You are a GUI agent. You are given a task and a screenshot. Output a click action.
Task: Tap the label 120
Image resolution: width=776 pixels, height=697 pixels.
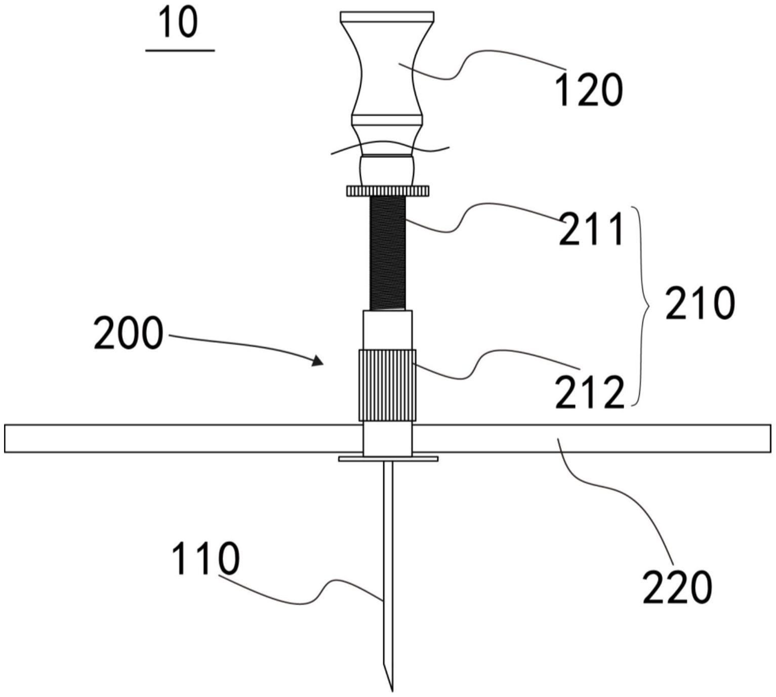(589, 91)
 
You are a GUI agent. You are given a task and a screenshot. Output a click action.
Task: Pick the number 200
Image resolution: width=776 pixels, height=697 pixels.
(128, 333)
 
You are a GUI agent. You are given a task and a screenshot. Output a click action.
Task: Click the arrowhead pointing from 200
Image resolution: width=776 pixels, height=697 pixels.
(317, 360)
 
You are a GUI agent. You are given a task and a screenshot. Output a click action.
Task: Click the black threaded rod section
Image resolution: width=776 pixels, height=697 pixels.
(387, 253)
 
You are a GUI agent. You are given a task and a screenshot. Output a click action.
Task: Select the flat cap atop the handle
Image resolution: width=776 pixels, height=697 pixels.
(387, 17)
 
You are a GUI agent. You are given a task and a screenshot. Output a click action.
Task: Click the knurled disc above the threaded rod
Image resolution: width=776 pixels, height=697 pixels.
(388, 191)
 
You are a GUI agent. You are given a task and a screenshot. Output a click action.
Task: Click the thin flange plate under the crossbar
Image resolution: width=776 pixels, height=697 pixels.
(388, 459)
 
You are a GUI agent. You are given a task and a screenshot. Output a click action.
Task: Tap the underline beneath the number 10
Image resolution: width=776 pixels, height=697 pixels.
(180, 50)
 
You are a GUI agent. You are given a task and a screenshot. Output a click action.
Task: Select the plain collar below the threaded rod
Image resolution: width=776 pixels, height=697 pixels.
(387, 330)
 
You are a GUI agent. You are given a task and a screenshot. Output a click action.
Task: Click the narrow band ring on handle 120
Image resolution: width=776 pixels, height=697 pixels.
(387, 120)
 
